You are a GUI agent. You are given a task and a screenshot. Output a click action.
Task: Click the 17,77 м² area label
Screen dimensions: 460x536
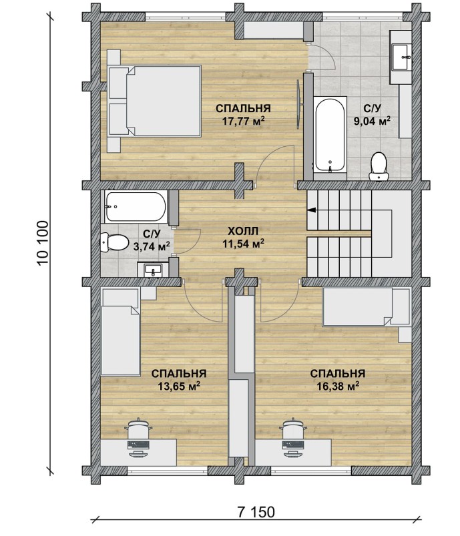(x=243, y=121)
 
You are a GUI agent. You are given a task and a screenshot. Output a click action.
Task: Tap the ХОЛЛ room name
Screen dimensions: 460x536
(x=243, y=231)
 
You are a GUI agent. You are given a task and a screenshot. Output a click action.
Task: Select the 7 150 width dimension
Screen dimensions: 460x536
(x=256, y=512)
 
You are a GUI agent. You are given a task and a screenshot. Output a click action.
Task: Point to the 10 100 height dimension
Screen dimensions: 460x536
(x=43, y=243)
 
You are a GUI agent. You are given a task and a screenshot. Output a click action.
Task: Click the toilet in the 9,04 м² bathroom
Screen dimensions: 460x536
(x=379, y=166)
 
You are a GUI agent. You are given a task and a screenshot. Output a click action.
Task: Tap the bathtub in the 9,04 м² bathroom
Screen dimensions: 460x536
(x=330, y=136)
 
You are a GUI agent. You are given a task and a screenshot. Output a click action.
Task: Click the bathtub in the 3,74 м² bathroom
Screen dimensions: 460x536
(x=136, y=206)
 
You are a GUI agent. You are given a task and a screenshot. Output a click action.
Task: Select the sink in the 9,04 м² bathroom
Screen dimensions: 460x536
(x=401, y=57)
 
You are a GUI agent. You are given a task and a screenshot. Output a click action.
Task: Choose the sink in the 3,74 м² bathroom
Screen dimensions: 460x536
(x=153, y=270)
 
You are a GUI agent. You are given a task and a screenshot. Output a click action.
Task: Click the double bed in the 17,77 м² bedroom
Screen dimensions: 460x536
(x=154, y=101)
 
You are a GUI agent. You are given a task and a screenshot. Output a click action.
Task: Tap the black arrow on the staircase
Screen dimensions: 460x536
(x=312, y=210)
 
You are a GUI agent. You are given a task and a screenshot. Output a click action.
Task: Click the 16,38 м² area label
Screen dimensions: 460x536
(x=337, y=386)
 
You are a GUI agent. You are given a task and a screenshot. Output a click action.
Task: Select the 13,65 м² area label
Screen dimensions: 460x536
(x=178, y=386)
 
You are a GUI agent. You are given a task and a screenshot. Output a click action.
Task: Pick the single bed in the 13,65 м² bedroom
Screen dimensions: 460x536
(x=120, y=332)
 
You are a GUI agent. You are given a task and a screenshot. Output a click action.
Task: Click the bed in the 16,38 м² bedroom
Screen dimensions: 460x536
(x=367, y=307)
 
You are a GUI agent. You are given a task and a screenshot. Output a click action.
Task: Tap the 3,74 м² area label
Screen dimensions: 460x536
(x=152, y=246)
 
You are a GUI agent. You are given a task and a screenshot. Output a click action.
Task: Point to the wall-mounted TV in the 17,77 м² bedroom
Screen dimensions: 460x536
(x=298, y=104)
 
